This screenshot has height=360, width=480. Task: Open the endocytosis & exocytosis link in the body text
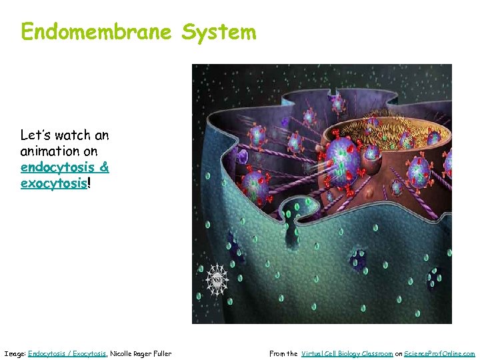65,175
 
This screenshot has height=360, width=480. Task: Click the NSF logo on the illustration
216,279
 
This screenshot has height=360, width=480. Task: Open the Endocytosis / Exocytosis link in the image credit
67,353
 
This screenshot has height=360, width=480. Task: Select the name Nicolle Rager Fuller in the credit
141,353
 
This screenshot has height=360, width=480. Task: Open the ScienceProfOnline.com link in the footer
439,353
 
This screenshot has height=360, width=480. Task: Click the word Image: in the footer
15,353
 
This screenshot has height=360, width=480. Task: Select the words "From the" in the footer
283,353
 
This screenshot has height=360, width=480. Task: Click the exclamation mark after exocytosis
89,183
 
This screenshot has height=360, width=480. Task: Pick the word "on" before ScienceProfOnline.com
398,353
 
